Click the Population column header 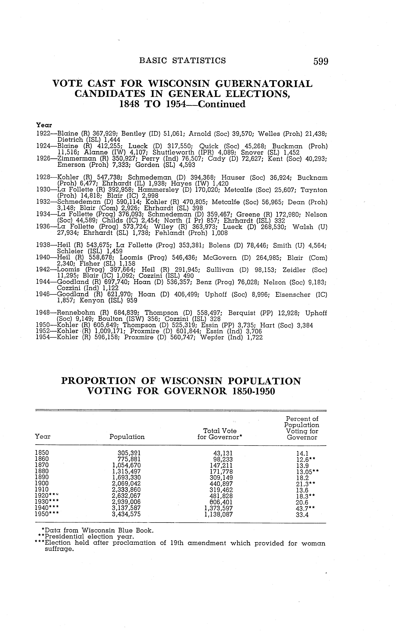pyautogui.click(x=127, y=437)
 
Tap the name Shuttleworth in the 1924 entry pyautogui.click(x=173, y=152)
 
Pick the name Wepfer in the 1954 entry pyautogui.click(x=211, y=337)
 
